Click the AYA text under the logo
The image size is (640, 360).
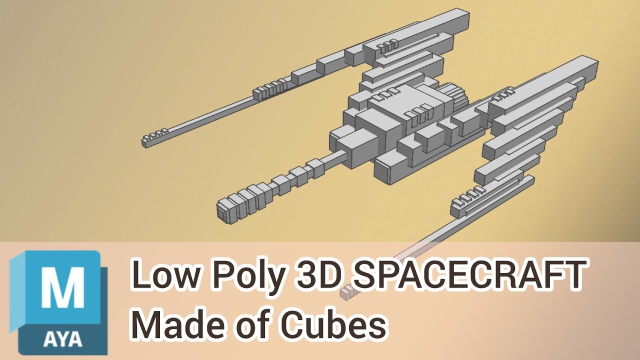(62, 339)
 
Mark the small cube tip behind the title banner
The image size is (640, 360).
(347, 291)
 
